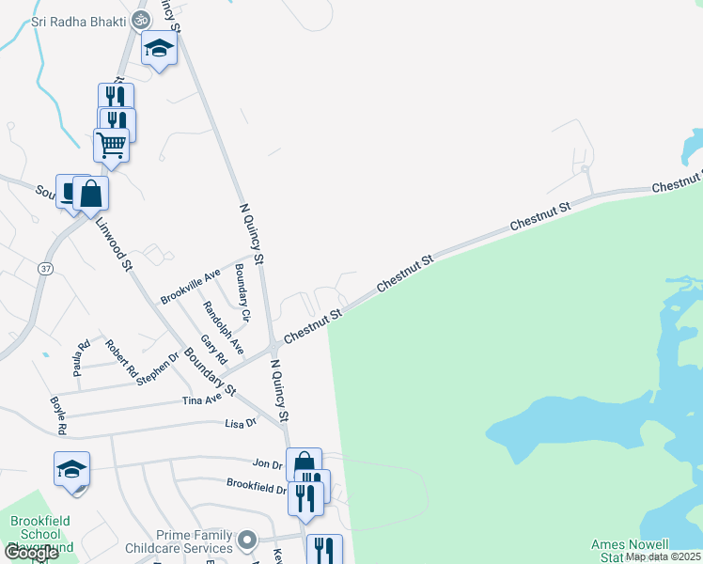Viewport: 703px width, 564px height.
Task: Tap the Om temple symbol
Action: point(140,19)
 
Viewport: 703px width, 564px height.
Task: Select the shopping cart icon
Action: point(112,146)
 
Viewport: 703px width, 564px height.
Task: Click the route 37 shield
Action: point(44,268)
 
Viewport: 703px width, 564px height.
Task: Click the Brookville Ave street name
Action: point(190,286)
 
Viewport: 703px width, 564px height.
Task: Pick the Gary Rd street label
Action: point(214,349)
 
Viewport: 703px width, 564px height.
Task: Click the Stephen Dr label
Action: point(157,369)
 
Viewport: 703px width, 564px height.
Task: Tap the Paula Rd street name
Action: point(84,354)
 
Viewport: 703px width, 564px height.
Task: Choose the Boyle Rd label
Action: point(58,415)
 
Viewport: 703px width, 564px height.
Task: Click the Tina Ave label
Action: point(202,399)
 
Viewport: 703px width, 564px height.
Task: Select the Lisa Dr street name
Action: point(241,423)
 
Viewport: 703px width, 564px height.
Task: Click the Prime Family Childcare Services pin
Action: point(247,540)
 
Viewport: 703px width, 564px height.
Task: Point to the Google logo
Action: point(31,553)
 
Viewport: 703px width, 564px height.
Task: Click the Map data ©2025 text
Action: point(664,556)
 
